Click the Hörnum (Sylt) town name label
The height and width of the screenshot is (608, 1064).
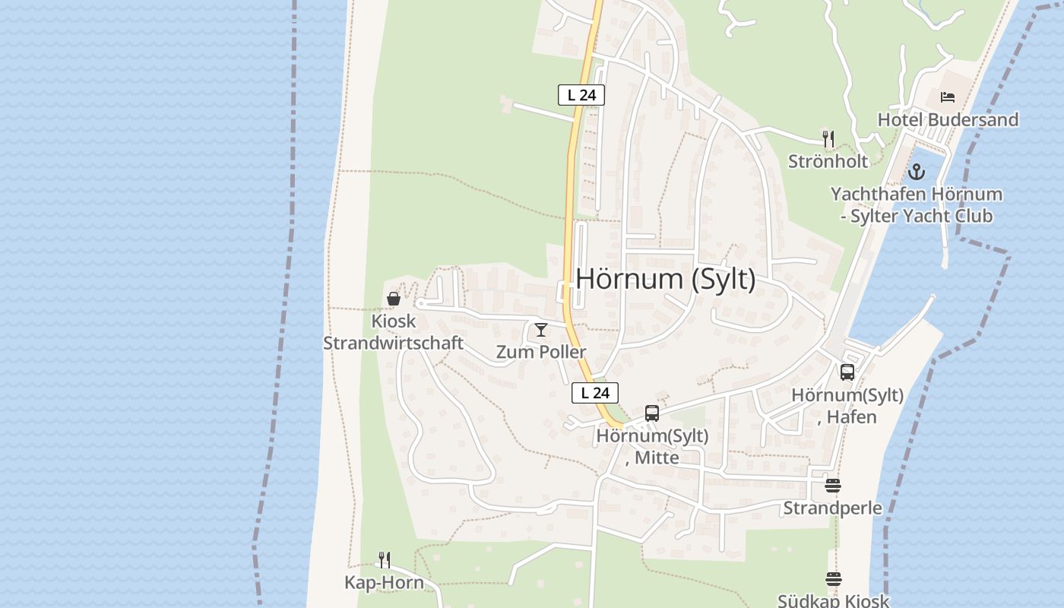pos(666,279)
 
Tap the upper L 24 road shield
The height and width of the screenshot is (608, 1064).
pos(581,95)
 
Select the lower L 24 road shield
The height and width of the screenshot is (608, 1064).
pos(595,393)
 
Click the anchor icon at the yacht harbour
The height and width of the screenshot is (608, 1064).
pos(917,172)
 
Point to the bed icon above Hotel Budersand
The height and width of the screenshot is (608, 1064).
pos(947,97)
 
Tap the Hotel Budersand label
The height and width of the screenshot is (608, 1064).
pos(948,119)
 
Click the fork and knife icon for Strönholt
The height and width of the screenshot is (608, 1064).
pos(828,138)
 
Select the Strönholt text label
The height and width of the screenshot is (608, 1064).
pos(828,161)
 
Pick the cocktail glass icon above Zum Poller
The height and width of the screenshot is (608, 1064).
pos(540,330)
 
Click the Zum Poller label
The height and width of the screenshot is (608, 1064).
pos(540,352)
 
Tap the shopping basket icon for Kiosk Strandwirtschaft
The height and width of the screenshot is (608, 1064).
pos(394,299)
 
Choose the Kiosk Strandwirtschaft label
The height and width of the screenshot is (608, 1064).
pos(393,332)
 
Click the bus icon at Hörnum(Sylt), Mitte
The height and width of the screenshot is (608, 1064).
pos(652,413)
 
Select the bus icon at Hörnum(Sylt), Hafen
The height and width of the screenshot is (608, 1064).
pos(847,372)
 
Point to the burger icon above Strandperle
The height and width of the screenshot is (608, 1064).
pos(833,486)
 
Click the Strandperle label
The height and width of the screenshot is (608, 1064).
pos(832,508)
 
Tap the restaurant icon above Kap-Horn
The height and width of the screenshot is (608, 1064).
pos(385,560)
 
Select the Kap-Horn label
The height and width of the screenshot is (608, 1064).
pos(384,583)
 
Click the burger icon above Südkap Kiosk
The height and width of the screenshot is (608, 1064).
pos(833,580)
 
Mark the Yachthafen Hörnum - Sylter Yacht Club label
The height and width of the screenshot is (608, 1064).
pos(916,205)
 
